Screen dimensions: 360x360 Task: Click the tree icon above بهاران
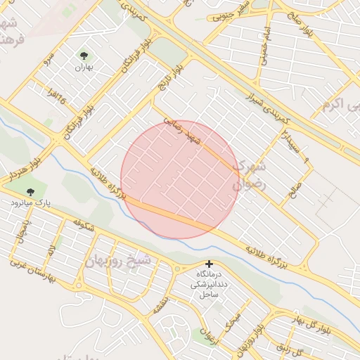pos(84,56)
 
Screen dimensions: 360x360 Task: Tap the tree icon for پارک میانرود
pos(30,191)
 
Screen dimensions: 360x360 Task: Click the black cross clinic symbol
pos(209,264)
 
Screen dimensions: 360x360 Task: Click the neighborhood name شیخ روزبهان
pos(117,261)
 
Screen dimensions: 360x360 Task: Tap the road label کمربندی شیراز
pos(264,101)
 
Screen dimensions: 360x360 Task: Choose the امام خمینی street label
pos(266,49)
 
